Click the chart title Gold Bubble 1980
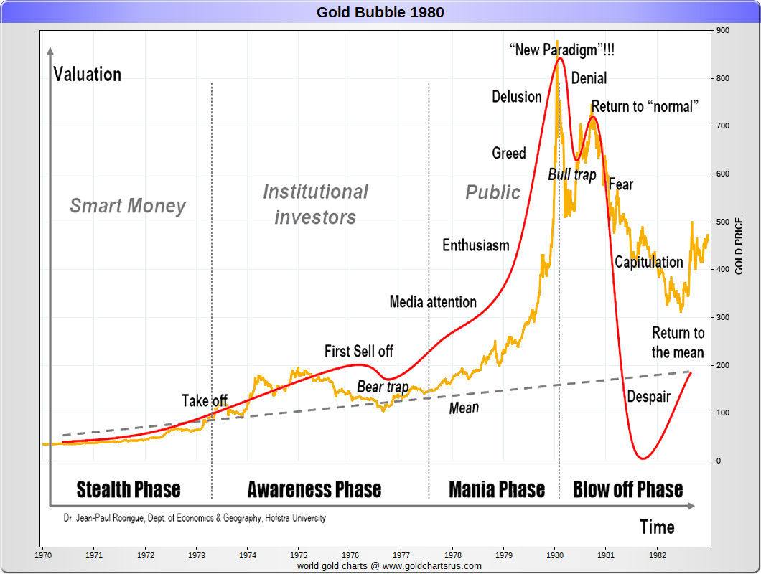click(380, 12)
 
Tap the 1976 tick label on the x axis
click(350, 555)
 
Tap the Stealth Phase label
click(129, 490)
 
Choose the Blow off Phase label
click(628, 490)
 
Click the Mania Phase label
click(497, 490)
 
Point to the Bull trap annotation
click(572, 174)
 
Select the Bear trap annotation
click(383, 387)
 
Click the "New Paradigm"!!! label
click(561, 50)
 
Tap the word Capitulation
click(649, 262)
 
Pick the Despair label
click(648, 396)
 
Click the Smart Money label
click(128, 207)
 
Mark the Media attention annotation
click(433, 302)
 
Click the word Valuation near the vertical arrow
click(88, 75)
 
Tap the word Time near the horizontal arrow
click(657, 527)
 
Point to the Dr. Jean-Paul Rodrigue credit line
click(195, 517)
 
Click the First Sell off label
click(359, 352)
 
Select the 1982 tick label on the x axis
click(658, 555)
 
